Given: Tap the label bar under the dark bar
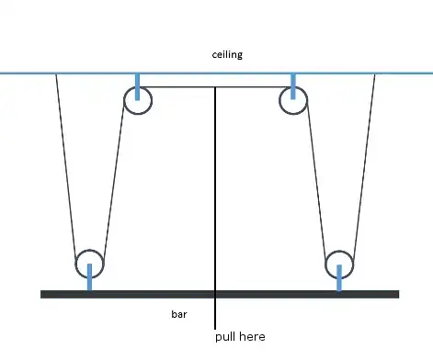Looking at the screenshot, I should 179,314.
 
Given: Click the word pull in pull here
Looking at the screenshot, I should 227,337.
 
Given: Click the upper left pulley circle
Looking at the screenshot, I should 137,101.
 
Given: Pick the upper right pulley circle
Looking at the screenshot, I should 293,101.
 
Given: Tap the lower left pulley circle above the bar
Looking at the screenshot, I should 89,263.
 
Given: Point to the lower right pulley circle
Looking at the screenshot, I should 339,263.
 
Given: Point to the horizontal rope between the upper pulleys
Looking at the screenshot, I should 179,87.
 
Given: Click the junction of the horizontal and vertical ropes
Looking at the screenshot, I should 216,87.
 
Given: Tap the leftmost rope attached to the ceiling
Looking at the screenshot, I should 66,165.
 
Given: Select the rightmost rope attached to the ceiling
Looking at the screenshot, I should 364,165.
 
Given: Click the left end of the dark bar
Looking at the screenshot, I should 44,294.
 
